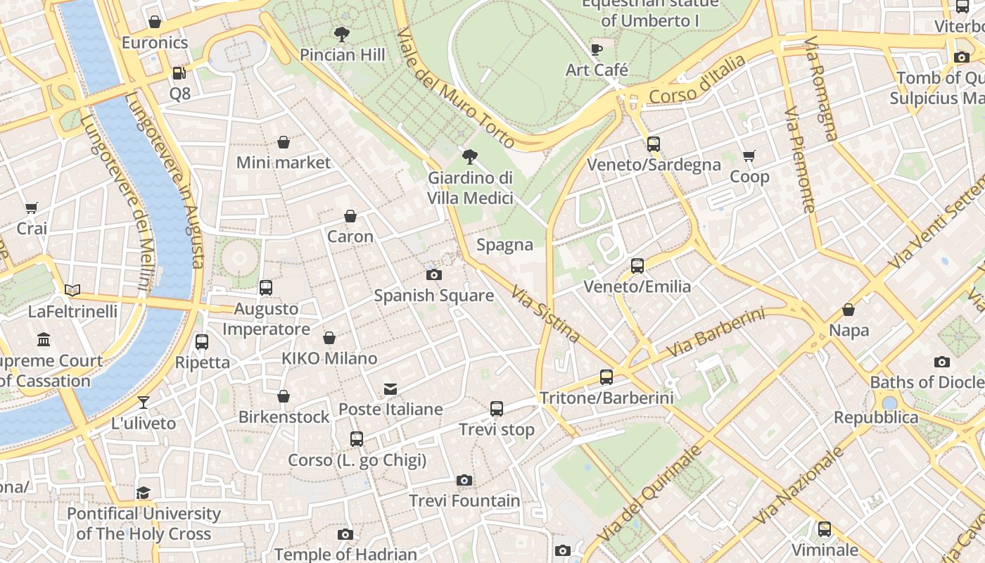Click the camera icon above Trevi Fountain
coord(464,480)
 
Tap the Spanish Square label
coord(433,296)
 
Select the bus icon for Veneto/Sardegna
coord(654,144)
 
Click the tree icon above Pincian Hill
coord(342,34)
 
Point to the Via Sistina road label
coord(545,314)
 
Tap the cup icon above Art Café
coord(597,49)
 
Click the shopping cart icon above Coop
coord(749,156)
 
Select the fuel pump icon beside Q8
coord(179,72)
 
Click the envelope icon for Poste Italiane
coord(390,389)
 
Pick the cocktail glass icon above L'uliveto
coord(144,402)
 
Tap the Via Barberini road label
coord(715,332)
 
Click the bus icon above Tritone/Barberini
coord(606,377)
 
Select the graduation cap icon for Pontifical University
coord(144,492)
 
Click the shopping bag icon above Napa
coord(849,310)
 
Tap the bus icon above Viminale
coord(825,529)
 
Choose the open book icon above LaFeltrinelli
coord(72,290)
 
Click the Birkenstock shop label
coord(284,417)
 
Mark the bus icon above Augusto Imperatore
coord(266,287)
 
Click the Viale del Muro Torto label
coord(456,89)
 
